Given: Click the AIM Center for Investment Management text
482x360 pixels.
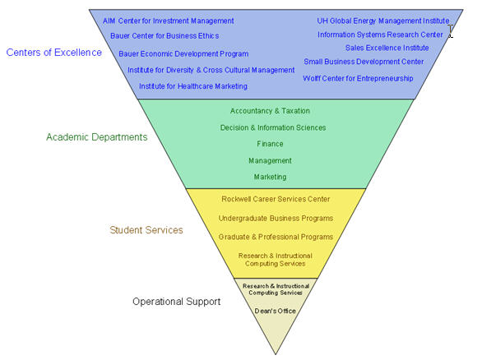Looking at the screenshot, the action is point(168,21).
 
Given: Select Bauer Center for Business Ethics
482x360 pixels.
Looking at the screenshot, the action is point(165,36).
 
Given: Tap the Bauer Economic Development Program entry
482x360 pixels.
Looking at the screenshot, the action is point(183,54).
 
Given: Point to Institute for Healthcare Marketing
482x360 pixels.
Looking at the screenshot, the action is point(193,86).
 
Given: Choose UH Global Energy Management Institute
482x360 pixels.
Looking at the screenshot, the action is point(383,21).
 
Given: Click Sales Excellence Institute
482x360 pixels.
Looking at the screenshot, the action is point(387,48).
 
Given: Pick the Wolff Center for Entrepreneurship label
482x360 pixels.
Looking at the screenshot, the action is point(358,79).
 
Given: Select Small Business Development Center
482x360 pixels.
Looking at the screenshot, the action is point(364,62).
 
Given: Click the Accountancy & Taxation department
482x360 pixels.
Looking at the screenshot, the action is point(270,111).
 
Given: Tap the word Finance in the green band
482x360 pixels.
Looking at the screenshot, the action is point(270,144).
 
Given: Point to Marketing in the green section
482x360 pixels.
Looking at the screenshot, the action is point(270,177).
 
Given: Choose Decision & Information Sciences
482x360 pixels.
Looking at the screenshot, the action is point(273,127).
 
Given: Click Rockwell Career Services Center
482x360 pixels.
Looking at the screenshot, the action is point(276,199).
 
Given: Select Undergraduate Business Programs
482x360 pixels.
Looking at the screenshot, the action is point(276,218).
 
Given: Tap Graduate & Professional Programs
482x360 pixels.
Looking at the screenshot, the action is point(276,237).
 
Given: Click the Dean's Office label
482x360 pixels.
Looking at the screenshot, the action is point(275,311).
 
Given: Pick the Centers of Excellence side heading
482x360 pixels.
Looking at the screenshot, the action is point(54,53).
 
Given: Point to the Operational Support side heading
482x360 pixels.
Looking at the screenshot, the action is point(177,302).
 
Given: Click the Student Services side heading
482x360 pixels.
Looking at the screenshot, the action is point(146,230).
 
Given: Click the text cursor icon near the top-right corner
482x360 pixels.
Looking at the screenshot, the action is point(451,31).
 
